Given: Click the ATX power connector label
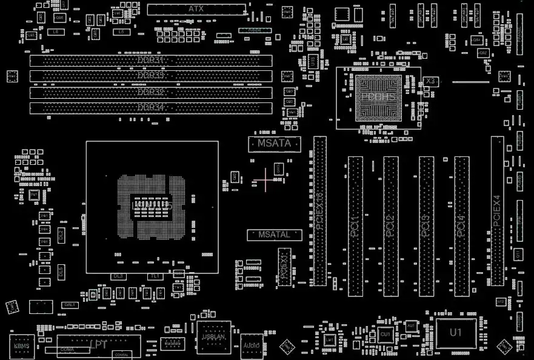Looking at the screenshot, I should (196, 8).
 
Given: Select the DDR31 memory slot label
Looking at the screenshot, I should (151, 60).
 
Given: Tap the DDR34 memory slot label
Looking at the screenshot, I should (151, 107).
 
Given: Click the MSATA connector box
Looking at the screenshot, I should (275, 144).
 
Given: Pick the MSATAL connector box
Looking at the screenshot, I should (275, 235).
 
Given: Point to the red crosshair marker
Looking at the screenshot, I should (265, 179).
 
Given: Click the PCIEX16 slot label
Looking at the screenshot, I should (320, 210).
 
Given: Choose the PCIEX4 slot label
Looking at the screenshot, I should (497, 210).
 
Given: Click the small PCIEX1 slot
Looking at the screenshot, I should (284, 267).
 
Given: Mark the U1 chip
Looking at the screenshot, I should (456, 333).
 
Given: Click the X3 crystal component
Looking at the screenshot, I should (431, 81).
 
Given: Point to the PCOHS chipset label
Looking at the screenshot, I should (378, 96).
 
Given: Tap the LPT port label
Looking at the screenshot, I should (98, 344).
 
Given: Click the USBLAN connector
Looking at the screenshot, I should (214, 337).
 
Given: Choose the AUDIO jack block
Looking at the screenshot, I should (251, 345).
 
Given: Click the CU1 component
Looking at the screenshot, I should (385, 333).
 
